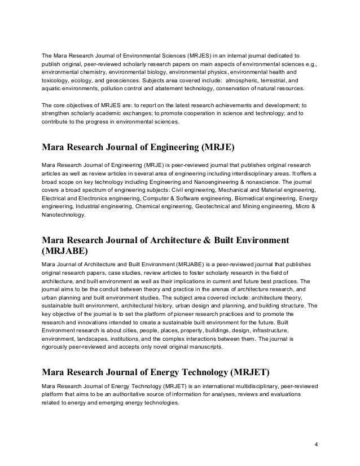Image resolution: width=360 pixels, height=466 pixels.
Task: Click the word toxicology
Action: point(56,81)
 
